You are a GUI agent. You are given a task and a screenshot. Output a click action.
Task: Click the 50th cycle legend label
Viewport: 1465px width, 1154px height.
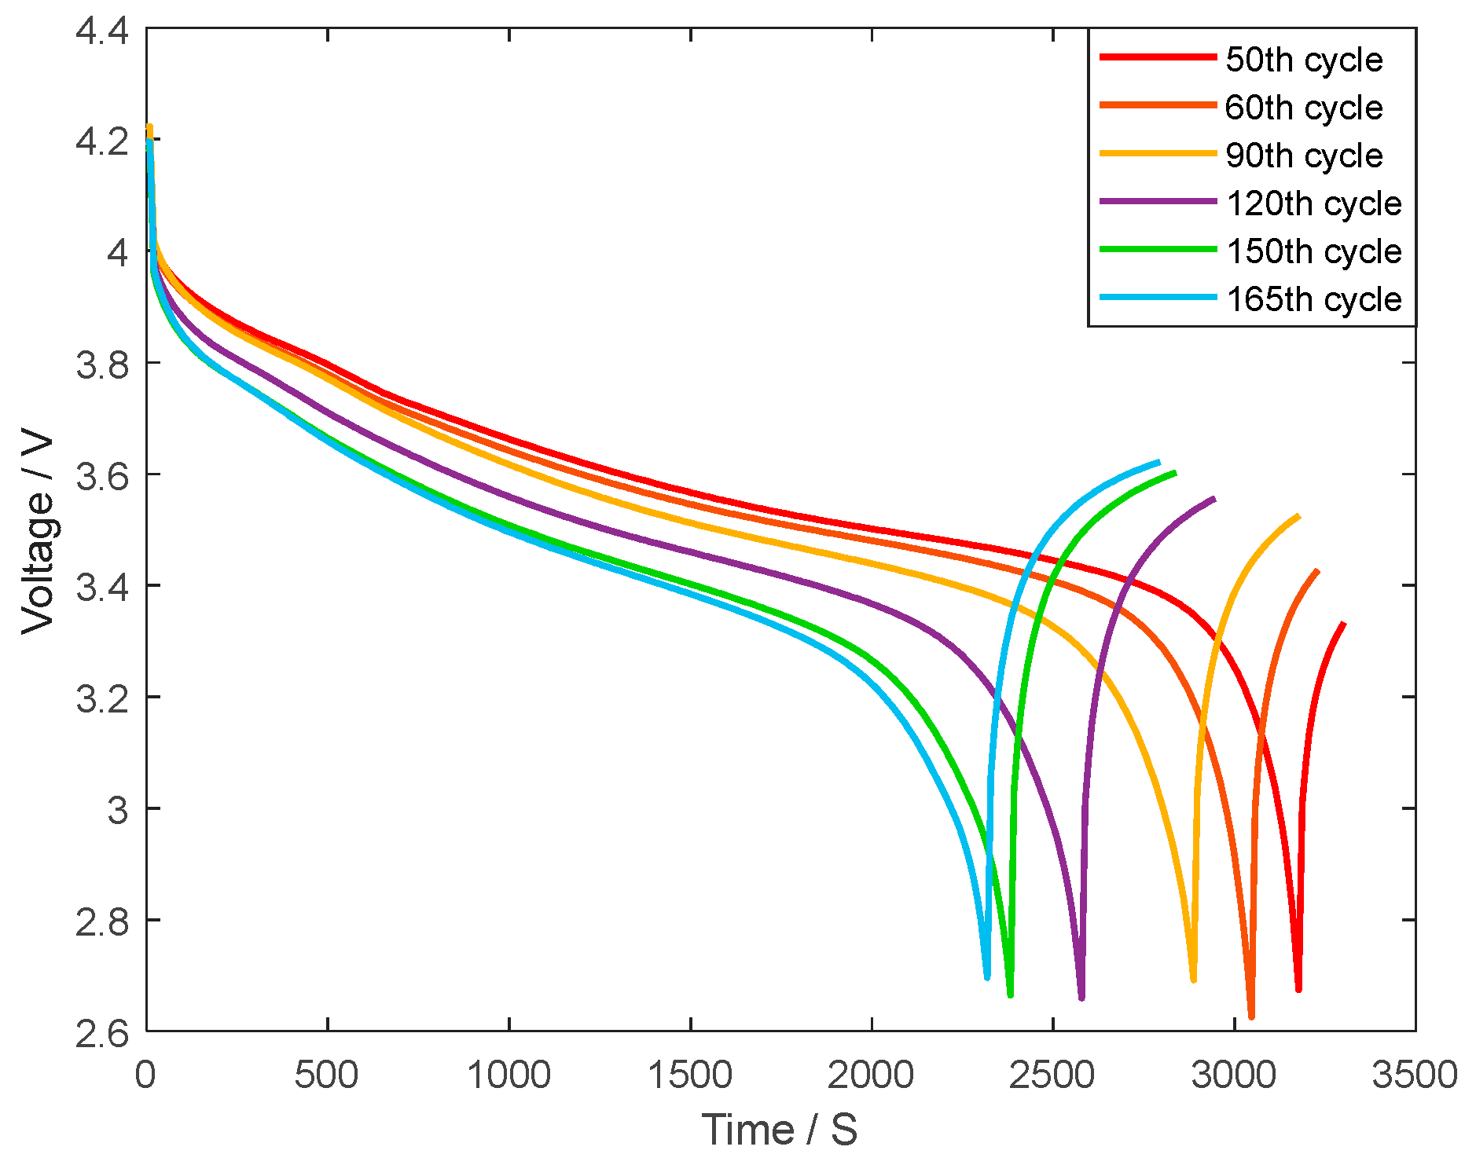point(1304,60)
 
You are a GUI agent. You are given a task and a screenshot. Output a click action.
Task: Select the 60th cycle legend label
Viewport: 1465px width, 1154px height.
point(1304,108)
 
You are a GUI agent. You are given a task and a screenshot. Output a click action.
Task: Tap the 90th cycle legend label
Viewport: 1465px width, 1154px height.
point(1304,156)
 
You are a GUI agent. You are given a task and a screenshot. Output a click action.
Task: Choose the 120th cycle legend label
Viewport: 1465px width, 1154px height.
point(1314,203)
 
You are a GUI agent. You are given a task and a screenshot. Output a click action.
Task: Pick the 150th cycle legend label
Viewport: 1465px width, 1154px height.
point(1314,251)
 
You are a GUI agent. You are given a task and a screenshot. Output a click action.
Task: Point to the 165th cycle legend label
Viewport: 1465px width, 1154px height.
point(1314,299)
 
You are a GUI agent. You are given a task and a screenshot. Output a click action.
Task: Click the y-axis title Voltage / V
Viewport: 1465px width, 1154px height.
point(38,530)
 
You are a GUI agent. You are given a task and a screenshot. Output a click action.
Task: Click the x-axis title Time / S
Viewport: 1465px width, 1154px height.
point(779,1130)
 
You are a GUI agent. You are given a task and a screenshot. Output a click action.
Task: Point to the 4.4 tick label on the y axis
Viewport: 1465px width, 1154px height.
point(101,31)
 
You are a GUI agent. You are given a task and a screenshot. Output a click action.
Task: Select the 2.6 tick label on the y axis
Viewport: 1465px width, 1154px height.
point(101,1032)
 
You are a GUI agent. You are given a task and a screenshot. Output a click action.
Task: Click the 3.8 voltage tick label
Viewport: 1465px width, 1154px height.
point(101,365)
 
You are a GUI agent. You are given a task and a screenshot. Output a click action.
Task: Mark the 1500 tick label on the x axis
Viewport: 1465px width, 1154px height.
point(689,1075)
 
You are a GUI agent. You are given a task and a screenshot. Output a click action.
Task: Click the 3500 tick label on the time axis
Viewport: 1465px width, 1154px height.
point(1414,1075)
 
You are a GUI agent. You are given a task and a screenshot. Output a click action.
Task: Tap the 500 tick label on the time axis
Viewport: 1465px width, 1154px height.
point(326,1075)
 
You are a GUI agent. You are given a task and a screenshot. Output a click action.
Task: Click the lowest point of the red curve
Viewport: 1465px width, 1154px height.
point(1298,989)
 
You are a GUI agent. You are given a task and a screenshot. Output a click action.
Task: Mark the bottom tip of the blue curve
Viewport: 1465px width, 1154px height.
point(987,976)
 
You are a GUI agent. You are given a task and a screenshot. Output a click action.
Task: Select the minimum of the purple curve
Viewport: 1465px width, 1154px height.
point(1081,998)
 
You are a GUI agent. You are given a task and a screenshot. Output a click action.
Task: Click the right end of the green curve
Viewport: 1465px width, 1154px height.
point(1175,472)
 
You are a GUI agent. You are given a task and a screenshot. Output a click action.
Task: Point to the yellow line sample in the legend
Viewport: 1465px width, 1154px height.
point(1158,153)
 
